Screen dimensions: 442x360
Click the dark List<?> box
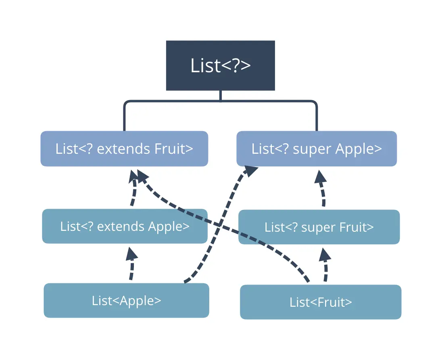pyautogui.click(x=221, y=65)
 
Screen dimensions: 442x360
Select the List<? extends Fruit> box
pyautogui.click(x=124, y=149)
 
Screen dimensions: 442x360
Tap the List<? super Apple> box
pyautogui.click(x=317, y=149)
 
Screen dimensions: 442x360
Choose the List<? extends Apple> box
pyautogui.click(x=125, y=226)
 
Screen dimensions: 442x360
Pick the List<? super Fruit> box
pyautogui.click(x=319, y=227)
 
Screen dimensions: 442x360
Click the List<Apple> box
pyautogui.click(x=127, y=300)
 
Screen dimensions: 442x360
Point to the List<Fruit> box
pyautogui.click(x=321, y=302)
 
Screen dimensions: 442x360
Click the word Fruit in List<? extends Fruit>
pyautogui.click(x=170, y=149)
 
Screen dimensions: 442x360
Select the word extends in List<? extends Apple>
pyautogui.click(x=121, y=226)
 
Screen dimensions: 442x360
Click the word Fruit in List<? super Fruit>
pyautogui.click(x=354, y=227)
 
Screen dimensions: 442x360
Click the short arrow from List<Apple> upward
pyautogui.click(x=131, y=264)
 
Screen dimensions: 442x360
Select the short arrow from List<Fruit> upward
pyautogui.click(x=325, y=265)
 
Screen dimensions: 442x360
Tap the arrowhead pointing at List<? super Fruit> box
pyautogui.click(x=325, y=253)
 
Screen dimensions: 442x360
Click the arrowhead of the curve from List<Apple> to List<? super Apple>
pyautogui.click(x=251, y=171)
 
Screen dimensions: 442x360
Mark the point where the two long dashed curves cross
pyautogui.click(x=219, y=224)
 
